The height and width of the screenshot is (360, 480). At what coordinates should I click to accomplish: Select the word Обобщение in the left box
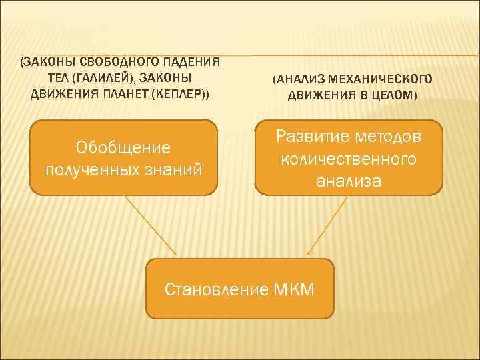[123, 146]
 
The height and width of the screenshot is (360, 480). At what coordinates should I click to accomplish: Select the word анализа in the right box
[349, 180]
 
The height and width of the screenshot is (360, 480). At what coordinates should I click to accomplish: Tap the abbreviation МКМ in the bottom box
[293, 289]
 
